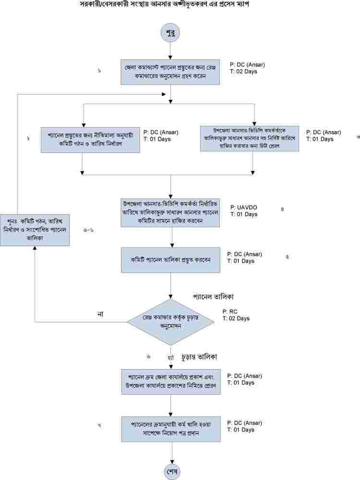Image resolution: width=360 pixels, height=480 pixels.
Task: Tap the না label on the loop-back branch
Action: [100, 313]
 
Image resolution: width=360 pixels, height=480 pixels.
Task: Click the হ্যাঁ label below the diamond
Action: [170, 358]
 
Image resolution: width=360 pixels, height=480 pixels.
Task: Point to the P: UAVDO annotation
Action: [244, 207]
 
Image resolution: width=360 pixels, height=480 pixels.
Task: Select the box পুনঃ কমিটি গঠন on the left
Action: [35, 229]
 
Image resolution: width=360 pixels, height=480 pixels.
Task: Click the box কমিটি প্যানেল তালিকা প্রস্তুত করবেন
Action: [171, 259]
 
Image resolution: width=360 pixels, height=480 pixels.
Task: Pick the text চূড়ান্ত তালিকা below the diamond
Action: [199, 358]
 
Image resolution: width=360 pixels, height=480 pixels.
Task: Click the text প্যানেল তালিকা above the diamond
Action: [213, 296]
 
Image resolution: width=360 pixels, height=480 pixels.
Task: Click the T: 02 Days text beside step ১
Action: [243, 72]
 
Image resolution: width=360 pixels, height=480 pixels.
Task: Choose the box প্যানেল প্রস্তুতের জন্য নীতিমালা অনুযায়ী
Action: [90, 139]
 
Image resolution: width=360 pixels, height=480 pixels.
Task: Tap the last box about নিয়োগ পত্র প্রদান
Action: [171, 429]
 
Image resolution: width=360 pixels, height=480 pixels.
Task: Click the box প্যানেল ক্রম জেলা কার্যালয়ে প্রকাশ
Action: [171, 381]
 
